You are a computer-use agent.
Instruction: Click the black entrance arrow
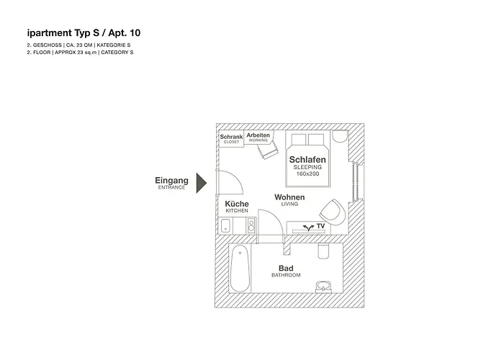(x=202, y=182)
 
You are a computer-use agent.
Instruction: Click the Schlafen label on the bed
(x=307, y=159)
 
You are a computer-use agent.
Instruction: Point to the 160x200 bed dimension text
(x=307, y=174)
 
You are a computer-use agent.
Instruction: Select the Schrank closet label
(x=231, y=137)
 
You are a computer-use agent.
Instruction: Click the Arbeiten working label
(x=258, y=135)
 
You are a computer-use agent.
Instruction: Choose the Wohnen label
(x=289, y=197)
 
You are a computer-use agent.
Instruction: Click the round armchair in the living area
(x=330, y=210)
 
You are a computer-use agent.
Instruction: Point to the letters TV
(x=320, y=226)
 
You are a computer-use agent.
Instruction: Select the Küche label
(x=237, y=204)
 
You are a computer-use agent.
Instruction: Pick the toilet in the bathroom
(x=323, y=251)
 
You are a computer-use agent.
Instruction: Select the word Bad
(x=285, y=269)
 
